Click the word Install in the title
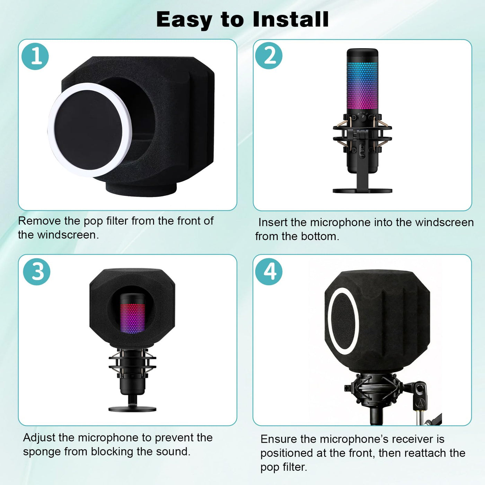291,19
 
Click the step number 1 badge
35,56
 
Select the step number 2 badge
269,56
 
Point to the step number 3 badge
37,272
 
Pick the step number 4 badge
269,272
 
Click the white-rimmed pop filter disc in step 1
90,130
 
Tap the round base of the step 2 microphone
362,191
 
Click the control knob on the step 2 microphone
362,117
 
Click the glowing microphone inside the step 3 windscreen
132,314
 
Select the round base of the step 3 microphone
132,409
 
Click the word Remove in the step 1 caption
39,221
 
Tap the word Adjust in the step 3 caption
39,438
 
